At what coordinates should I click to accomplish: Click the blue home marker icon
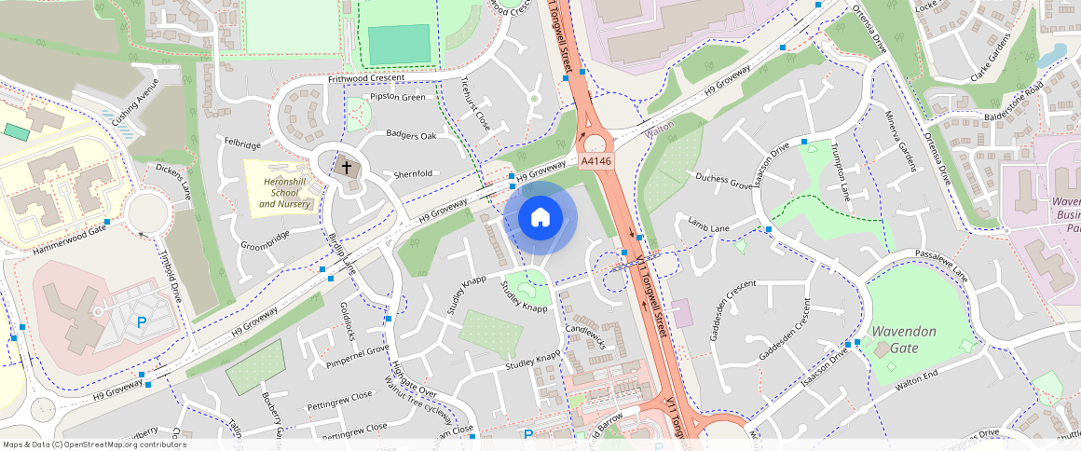(x=540, y=218)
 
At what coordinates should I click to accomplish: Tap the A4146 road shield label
(x=596, y=161)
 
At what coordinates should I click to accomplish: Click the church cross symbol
(x=347, y=168)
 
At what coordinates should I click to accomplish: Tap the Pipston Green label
(x=398, y=97)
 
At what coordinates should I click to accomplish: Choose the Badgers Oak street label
(x=411, y=136)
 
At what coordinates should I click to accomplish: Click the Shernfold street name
(x=413, y=174)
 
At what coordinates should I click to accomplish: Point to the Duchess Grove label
(x=723, y=181)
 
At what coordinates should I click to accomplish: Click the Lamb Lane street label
(x=708, y=226)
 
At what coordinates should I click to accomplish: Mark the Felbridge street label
(x=243, y=144)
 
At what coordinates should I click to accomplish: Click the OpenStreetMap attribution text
(x=94, y=444)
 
